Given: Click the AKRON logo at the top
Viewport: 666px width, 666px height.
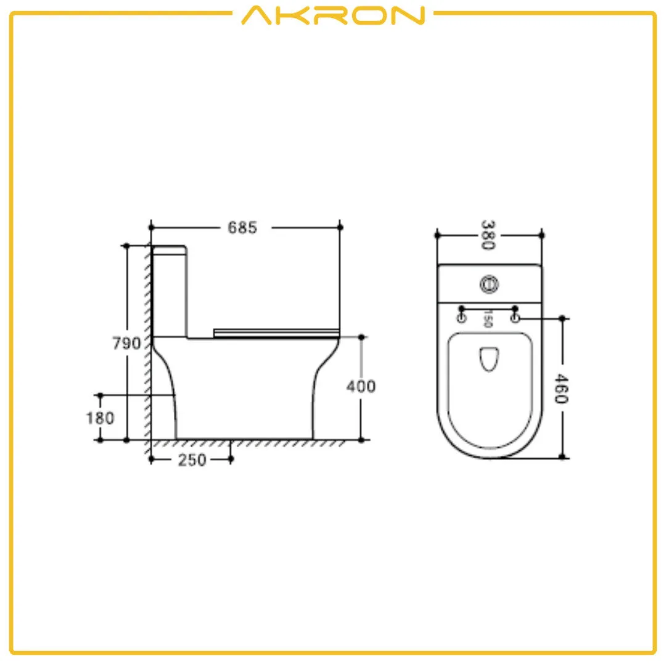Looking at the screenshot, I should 333,15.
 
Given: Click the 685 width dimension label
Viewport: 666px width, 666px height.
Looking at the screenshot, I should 242,228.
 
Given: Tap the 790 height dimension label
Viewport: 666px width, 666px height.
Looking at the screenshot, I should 126,343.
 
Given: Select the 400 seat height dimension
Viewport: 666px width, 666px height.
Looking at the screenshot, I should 361,387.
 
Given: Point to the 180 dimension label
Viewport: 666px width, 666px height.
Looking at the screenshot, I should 100,418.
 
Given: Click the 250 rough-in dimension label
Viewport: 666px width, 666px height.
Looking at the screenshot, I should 192,460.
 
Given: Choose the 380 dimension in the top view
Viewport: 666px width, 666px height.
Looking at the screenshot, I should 488,235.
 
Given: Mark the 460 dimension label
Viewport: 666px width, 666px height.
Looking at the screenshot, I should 561,388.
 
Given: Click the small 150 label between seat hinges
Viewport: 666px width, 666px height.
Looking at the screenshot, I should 487,318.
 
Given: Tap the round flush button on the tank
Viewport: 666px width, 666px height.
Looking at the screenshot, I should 489,284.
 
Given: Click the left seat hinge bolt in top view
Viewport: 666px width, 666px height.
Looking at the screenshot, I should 461,318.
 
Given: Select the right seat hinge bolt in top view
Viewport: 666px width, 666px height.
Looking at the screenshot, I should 516,317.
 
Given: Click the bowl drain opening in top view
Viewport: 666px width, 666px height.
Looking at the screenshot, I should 488,359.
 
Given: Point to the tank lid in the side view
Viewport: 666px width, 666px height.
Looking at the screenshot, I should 169,250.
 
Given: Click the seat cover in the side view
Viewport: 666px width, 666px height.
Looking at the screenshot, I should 276,332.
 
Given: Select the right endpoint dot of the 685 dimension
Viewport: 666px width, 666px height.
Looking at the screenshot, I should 340,228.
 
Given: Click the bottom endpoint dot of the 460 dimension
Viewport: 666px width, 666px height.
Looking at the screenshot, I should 562,457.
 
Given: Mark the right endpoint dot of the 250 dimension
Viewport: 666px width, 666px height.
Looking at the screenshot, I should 231,459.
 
